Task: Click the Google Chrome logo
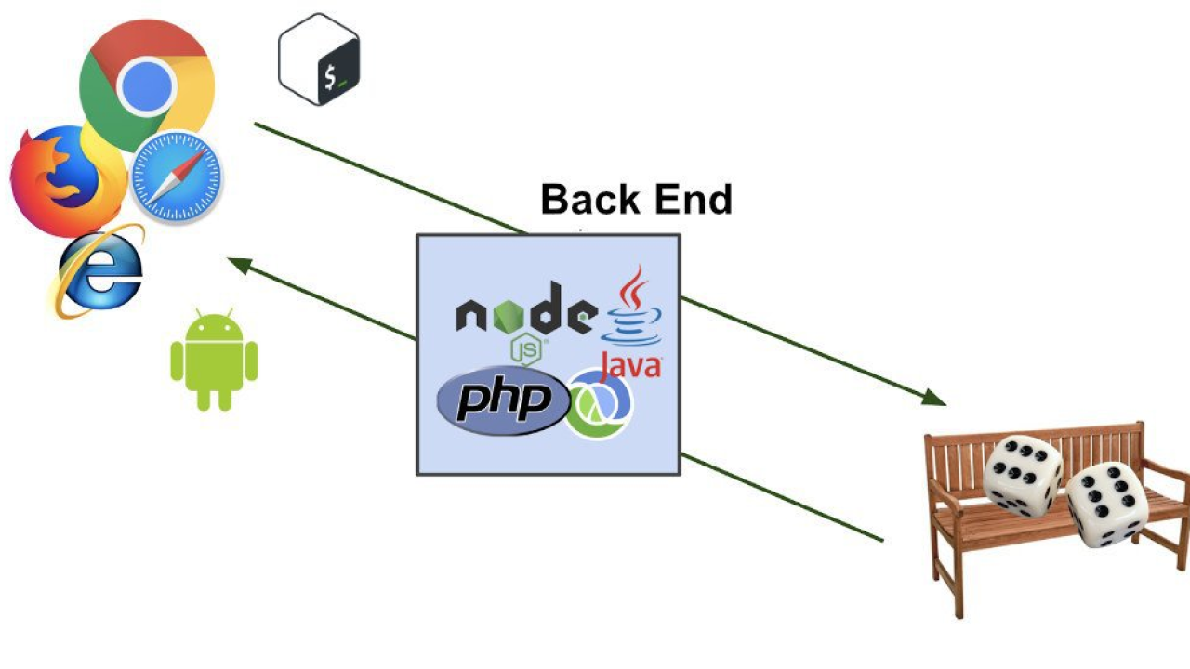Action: pos(147,85)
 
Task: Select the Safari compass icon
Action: pos(177,177)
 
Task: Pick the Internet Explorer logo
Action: pos(99,272)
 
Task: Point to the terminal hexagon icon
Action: pos(319,59)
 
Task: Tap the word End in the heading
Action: pos(694,200)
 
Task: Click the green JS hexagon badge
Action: pos(526,349)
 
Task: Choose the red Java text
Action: pos(631,366)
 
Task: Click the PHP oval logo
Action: pos(503,400)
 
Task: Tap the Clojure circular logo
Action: pos(600,404)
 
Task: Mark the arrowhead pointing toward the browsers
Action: pos(239,265)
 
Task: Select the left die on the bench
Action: pos(1023,476)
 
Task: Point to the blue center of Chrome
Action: pos(147,85)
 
